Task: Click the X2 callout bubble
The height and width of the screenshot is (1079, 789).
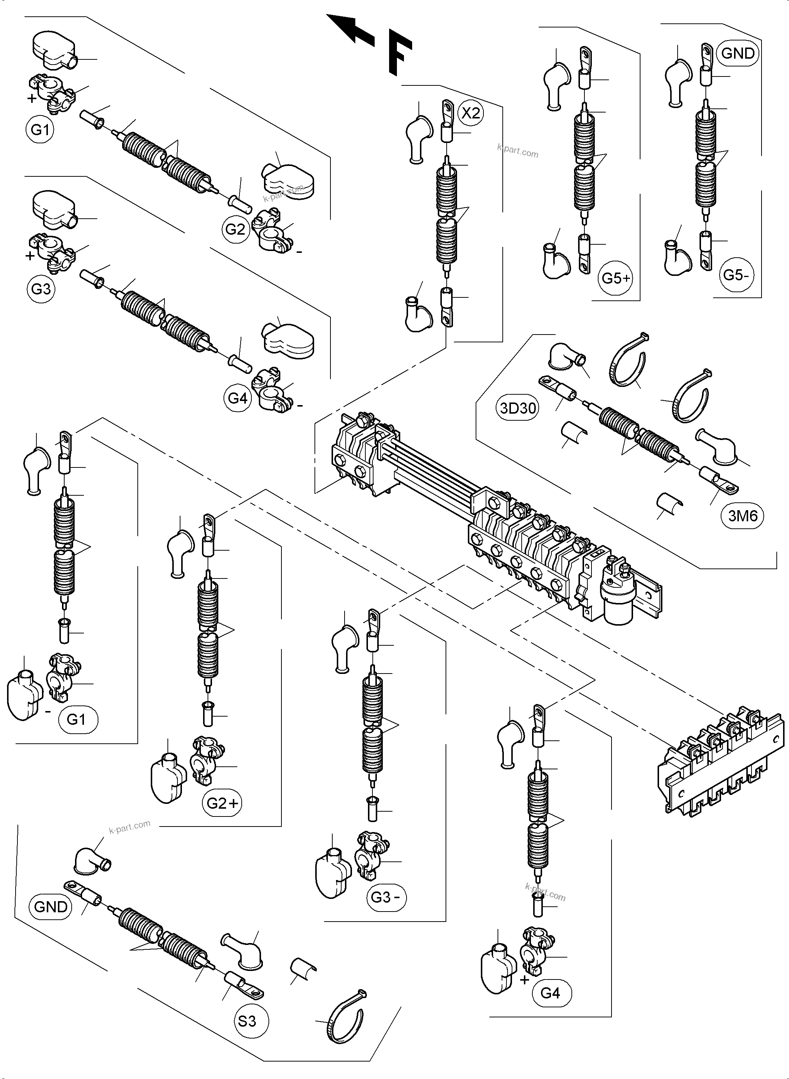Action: tap(470, 113)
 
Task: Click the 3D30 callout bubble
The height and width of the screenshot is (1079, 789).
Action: tap(518, 408)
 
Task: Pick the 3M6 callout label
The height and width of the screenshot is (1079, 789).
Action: tap(743, 516)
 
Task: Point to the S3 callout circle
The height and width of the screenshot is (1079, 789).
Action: tap(247, 1021)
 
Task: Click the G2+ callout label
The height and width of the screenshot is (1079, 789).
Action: tap(222, 803)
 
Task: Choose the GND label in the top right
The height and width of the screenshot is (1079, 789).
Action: tap(738, 53)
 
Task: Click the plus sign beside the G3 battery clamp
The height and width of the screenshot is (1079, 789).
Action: tap(30, 256)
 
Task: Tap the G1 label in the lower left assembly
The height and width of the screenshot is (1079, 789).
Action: tap(76, 719)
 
